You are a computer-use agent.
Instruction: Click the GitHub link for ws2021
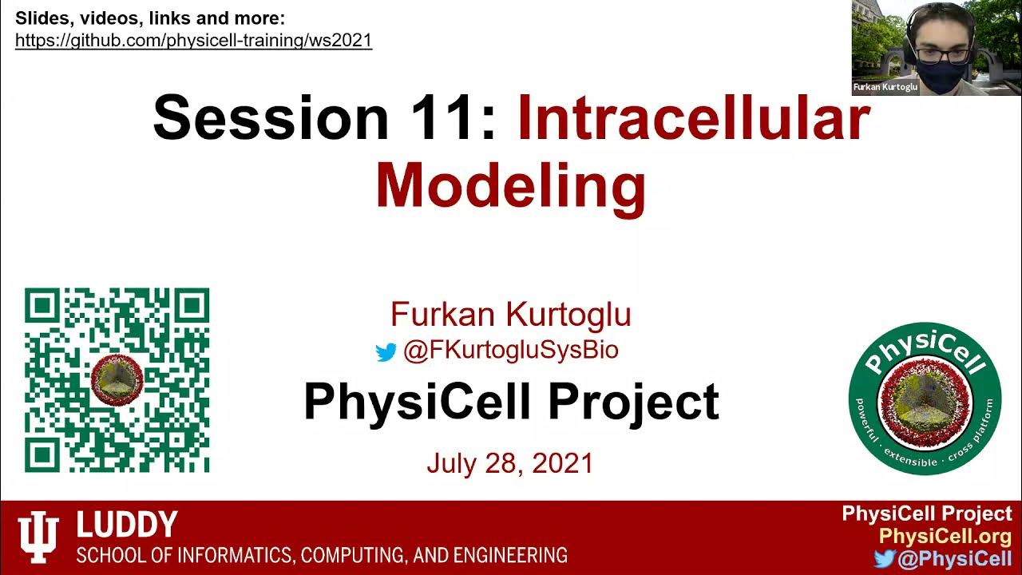193,41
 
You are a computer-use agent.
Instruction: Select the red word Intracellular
693,118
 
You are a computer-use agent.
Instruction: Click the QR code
117,380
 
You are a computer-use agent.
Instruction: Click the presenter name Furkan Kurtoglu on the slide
510,315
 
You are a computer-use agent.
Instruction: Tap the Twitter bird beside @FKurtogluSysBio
386,351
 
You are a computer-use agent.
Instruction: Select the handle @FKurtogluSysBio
511,351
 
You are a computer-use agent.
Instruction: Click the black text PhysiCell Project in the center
511,402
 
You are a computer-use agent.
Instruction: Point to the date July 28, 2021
509,463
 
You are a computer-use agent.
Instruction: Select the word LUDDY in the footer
126,525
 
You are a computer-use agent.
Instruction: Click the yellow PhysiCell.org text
945,537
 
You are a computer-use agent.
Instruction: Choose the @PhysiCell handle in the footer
955,559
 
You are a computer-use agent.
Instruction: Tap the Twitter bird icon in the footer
884,559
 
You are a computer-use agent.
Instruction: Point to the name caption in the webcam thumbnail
885,87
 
